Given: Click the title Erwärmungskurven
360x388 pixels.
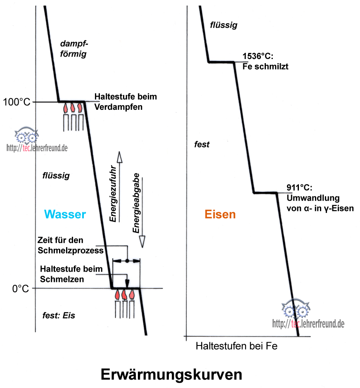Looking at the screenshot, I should [x=171, y=374].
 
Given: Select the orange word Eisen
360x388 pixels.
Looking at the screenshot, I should [x=220, y=214].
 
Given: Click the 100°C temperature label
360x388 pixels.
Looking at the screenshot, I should [x=16, y=102].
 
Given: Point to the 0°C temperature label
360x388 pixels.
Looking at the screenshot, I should [x=20, y=289].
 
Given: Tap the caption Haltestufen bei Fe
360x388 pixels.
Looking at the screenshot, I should [x=236, y=346].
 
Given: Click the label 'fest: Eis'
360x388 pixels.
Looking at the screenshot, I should [x=59, y=315].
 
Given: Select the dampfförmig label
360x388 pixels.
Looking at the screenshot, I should [x=73, y=48].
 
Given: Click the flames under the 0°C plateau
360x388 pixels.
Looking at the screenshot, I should [x=125, y=295].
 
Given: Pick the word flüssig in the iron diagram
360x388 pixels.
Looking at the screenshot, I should [x=223, y=25].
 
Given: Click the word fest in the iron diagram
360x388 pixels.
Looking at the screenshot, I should [x=202, y=144].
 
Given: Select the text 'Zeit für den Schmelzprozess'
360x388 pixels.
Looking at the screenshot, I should [x=70, y=245].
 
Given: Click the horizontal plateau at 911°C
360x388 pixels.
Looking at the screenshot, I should [x=265, y=192].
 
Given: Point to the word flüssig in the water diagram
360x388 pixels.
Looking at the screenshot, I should [x=56, y=176].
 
